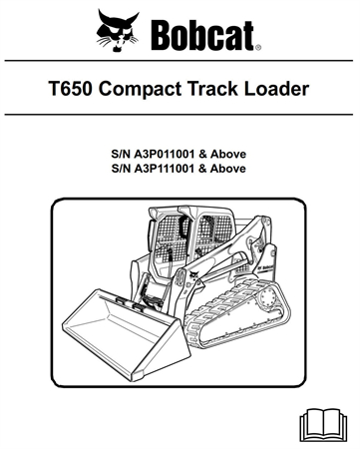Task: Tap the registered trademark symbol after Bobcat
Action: [258, 46]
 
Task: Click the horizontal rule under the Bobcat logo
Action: [180, 62]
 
